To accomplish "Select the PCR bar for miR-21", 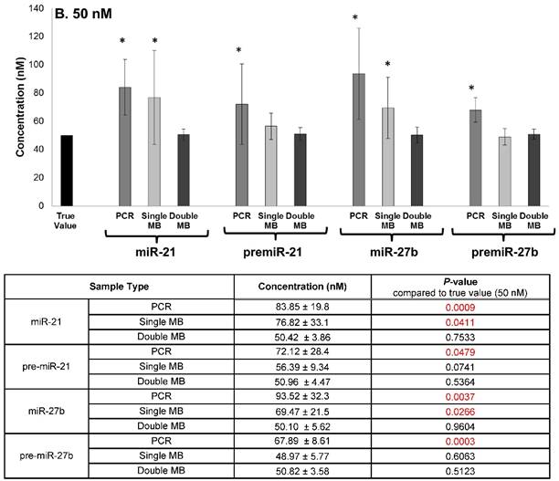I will (x=125, y=146).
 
